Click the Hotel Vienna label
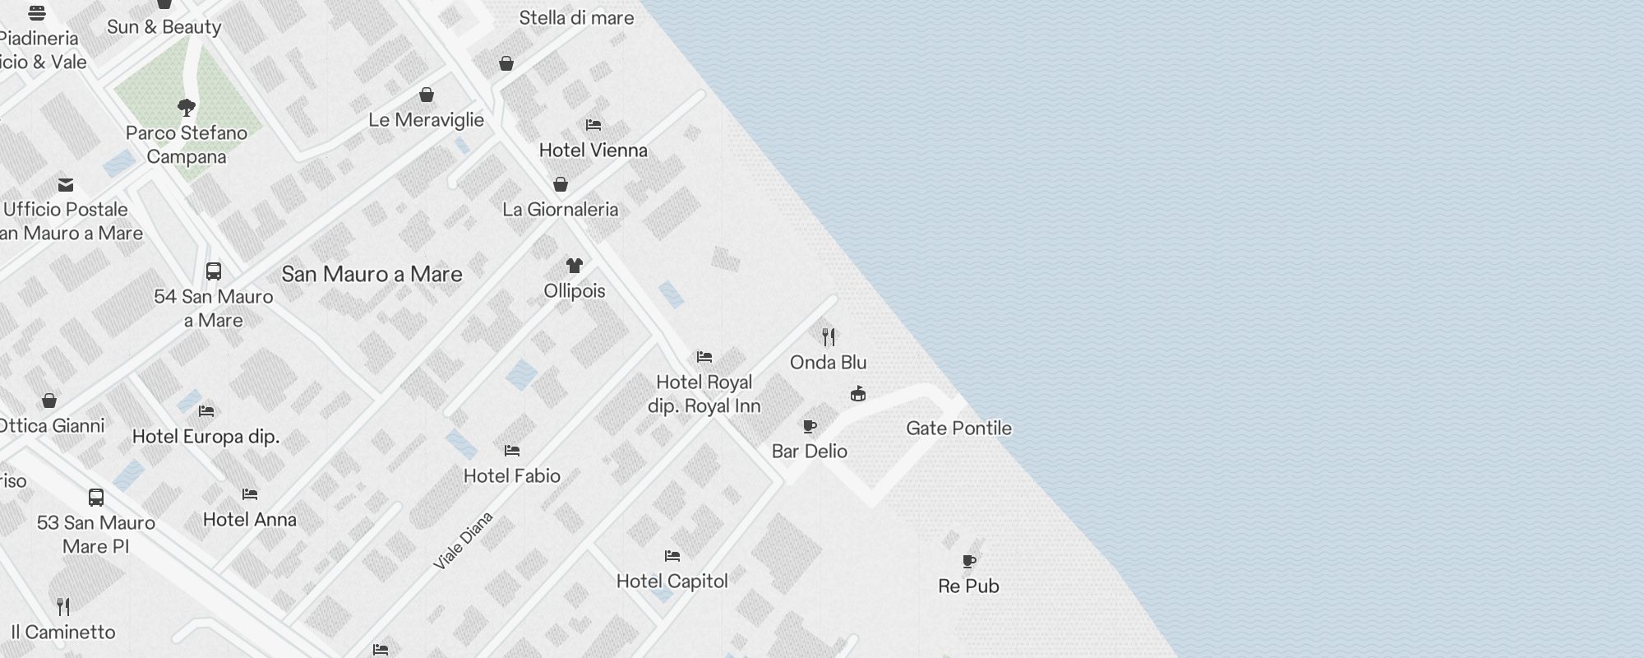[593, 151]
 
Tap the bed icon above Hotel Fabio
[512, 451]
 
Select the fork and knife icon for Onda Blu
[829, 337]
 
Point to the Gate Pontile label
[958, 429]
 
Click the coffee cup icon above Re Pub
[969, 562]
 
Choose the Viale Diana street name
[463, 540]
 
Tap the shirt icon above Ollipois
[574, 266]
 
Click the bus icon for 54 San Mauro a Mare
[214, 271]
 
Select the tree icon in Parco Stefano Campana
[187, 107]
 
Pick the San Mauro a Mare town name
[372, 275]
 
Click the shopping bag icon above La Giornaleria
[561, 184]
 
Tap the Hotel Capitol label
[672, 582]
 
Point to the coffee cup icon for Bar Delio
[810, 426]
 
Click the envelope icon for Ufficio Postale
[66, 185]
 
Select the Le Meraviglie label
[426, 120]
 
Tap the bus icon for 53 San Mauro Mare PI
[96, 498]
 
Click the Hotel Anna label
[249, 520]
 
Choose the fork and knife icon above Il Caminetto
[63, 607]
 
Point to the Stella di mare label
[576, 18]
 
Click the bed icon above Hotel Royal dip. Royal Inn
[704, 357]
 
